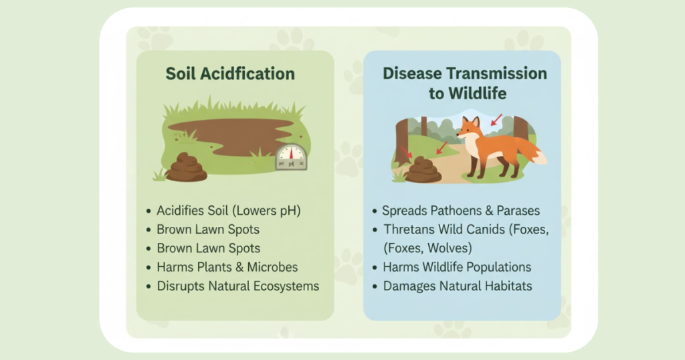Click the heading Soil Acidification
[x=230, y=74]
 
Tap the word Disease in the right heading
[x=411, y=74]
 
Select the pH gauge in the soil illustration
[x=291, y=157]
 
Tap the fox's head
[x=470, y=128]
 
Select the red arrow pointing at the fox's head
[x=496, y=120]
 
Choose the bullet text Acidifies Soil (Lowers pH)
[x=229, y=211]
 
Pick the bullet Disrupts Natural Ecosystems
[x=238, y=286]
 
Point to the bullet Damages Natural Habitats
[x=458, y=286]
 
